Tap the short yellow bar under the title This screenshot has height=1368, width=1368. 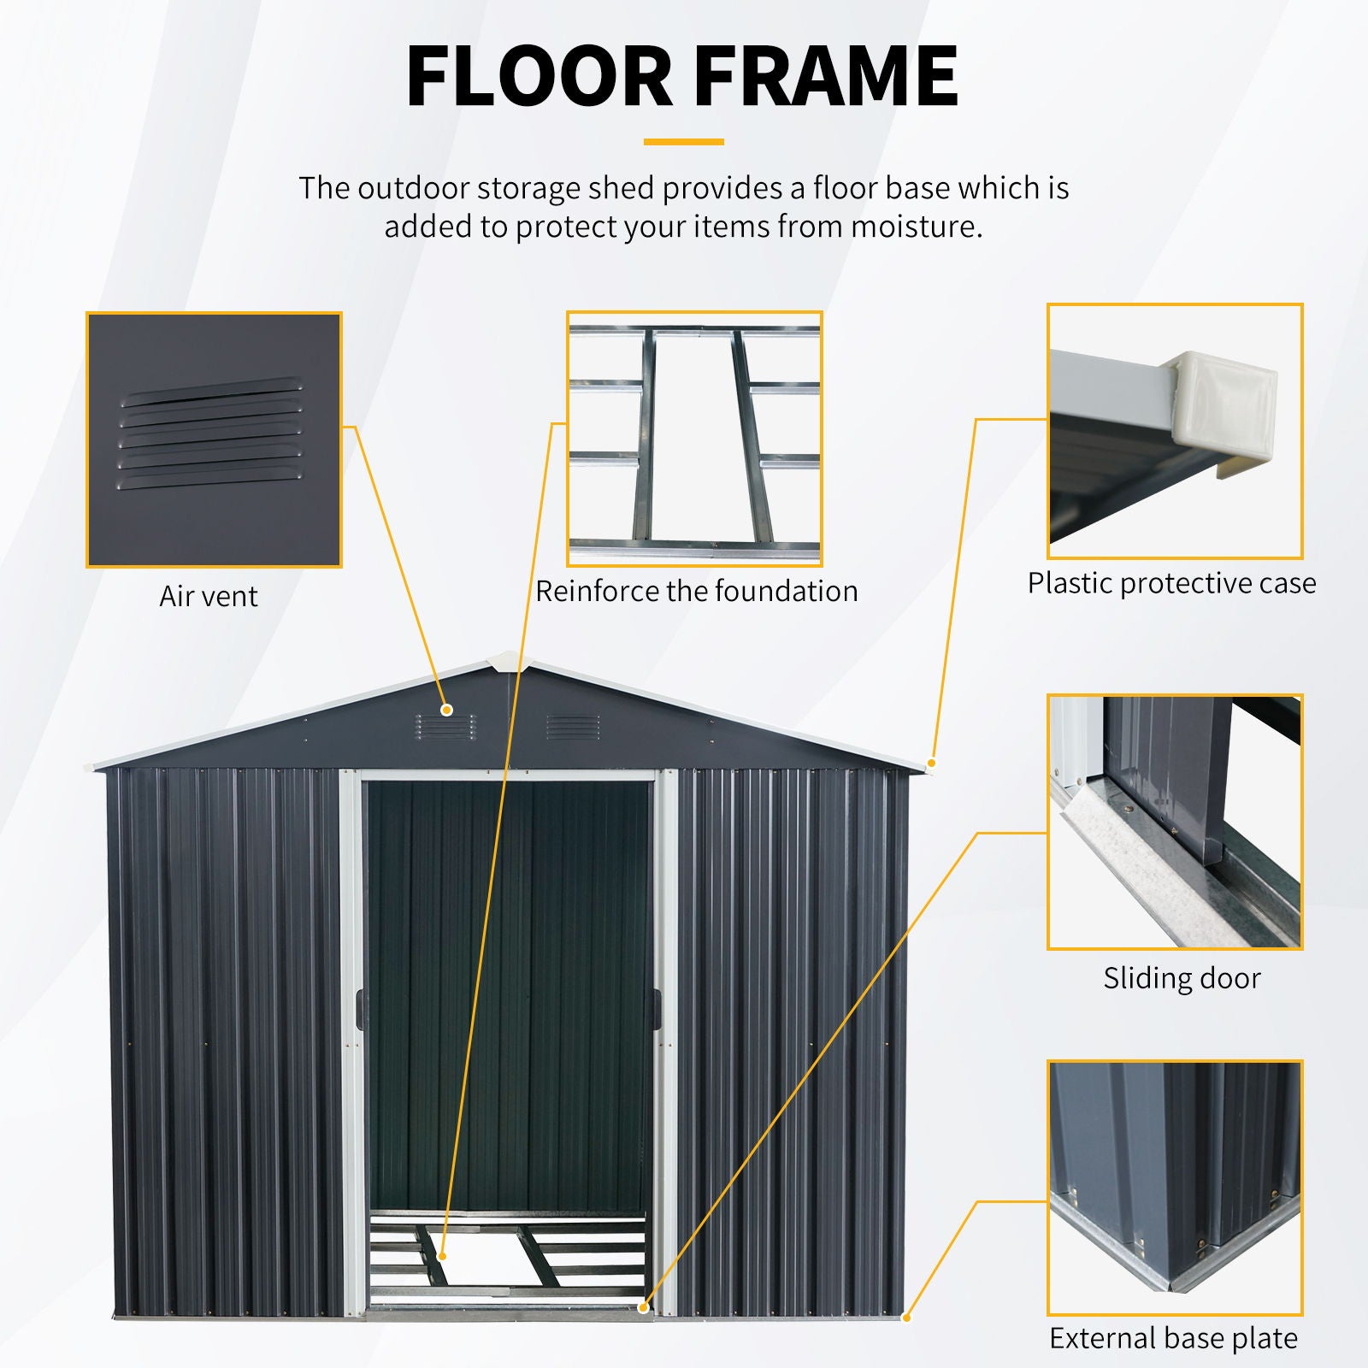click(x=683, y=142)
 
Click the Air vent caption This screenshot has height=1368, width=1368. click(x=209, y=596)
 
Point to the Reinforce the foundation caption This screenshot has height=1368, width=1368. click(x=696, y=591)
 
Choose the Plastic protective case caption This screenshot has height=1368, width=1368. click(x=1171, y=583)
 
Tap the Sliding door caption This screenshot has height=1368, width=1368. click(x=1182, y=978)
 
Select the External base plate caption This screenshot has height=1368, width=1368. click(x=1173, y=1338)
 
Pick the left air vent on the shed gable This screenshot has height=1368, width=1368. click(x=446, y=727)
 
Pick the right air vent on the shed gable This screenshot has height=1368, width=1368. click(x=573, y=727)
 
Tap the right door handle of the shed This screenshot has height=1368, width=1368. click(x=657, y=1010)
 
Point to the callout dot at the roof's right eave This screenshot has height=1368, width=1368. click(x=932, y=763)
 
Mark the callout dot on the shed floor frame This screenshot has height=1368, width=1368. click(x=443, y=1256)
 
